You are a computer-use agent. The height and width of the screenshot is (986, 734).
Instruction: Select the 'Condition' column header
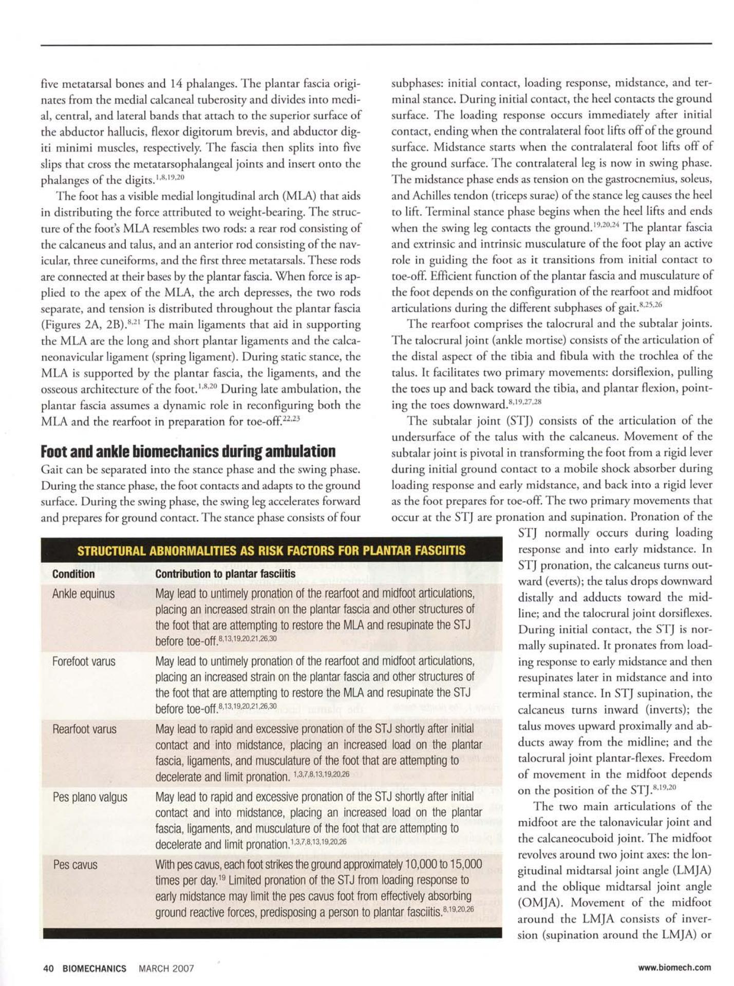coord(73,574)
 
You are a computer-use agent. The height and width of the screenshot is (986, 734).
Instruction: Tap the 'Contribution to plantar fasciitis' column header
coord(225,574)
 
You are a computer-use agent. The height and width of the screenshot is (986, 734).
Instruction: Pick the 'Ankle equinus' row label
coord(83,594)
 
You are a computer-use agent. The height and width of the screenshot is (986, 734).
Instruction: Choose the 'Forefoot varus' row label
coord(84,661)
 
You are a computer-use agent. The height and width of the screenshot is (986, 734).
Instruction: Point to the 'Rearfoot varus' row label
coord(84,729)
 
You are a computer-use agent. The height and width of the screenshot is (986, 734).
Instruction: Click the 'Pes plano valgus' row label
coord(90,797)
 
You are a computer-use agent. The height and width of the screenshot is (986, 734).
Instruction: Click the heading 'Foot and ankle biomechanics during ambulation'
coord(188,452)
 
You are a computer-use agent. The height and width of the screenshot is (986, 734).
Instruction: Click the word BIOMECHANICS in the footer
coord(95,968)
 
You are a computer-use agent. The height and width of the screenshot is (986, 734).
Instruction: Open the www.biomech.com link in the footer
coord(674,968)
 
